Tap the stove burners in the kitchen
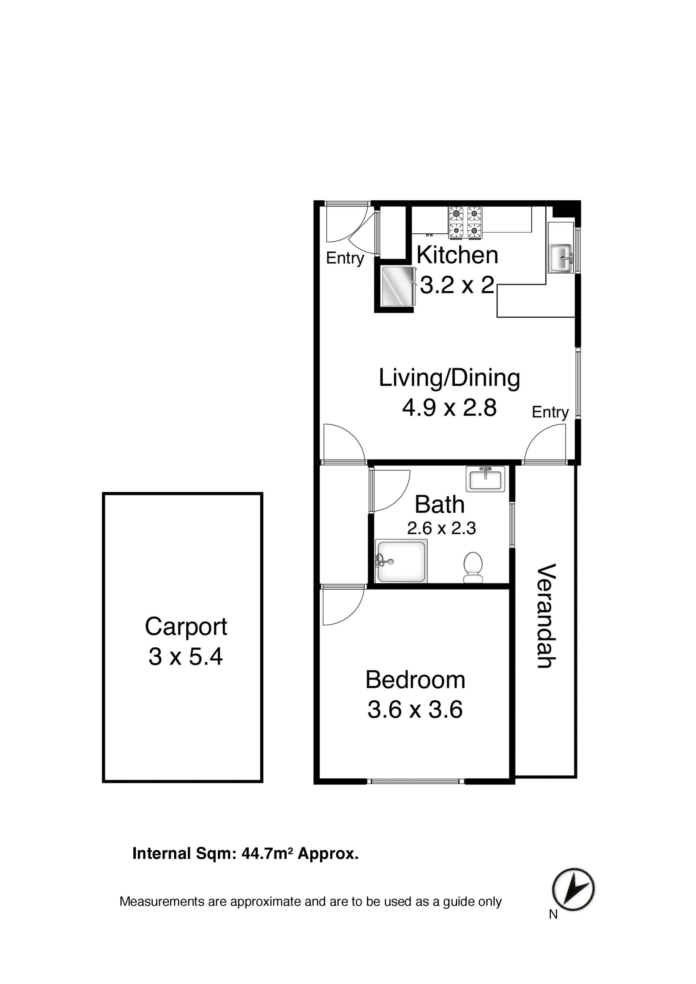click(465, 222)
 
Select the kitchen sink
click(561, 258)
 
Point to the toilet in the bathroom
click(473, 567)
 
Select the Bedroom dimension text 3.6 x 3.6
click(415, 709)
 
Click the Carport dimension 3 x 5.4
click(185, 656)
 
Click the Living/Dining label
click(449, 379)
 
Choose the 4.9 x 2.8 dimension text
click(449, 408)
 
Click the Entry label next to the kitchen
click(345, 258)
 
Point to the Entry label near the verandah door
click(550, 412)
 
